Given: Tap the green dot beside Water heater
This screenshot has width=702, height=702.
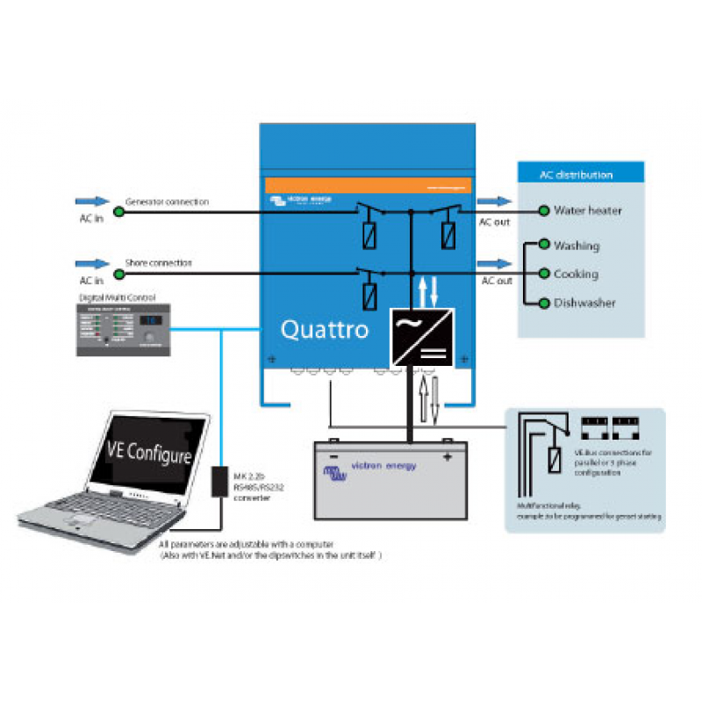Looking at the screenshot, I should pos(545,211).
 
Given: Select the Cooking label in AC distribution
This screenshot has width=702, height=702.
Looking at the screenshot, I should pos(576,274).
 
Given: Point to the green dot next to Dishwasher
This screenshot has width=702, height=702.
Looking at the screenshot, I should pos(545,303).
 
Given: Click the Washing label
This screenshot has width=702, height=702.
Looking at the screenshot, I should pos(577,246).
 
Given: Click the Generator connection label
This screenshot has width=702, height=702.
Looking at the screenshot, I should pos(167,202).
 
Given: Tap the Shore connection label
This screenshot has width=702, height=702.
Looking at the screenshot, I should pos(158,262).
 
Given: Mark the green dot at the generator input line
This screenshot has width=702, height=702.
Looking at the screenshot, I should pos(118,211).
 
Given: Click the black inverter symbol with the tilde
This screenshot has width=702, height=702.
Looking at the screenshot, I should pos(422,337).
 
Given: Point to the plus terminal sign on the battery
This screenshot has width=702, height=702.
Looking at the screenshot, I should pos(447,457).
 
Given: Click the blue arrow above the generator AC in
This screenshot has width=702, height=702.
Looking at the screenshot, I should pos(92,202).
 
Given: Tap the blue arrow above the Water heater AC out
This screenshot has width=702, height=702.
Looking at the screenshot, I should pos(494,202).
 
